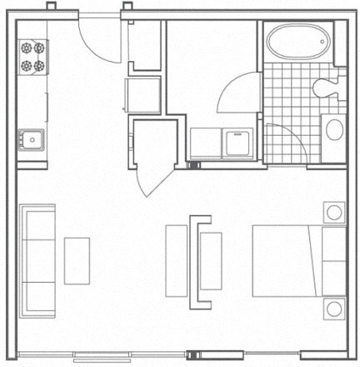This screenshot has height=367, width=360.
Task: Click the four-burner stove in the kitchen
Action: (32, 56)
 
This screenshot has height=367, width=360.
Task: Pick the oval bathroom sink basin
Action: (334, 130)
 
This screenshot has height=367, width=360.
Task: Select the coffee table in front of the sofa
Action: (77, 262)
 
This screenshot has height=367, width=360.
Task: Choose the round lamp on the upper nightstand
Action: (333, 212)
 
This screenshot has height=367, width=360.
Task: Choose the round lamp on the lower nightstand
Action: (333, 309)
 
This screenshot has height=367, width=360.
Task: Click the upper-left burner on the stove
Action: (27, 48)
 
